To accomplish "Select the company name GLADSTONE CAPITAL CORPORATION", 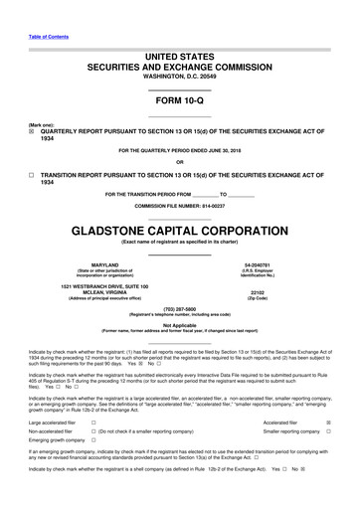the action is point(179,230).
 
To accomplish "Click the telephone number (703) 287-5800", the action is point(179,308).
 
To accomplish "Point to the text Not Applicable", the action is point(179,324).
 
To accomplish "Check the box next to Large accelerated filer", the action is point(92,422).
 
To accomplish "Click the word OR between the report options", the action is point(179,161).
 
